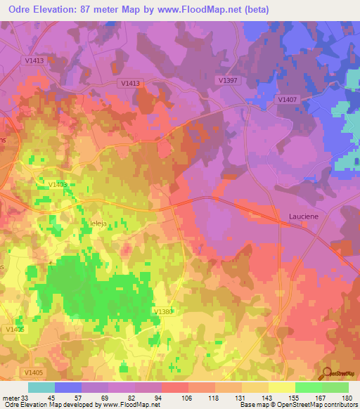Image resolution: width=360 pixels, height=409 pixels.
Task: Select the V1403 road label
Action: pos(58,185)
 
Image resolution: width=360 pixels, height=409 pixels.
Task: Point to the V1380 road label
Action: pos(162,311)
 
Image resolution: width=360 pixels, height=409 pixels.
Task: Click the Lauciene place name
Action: pos(304,217)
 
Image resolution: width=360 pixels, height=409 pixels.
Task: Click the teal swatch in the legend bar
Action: pos(41,387)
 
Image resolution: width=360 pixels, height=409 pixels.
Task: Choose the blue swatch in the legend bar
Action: pos(68,387)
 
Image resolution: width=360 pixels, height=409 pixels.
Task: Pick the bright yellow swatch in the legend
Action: pos(282,387)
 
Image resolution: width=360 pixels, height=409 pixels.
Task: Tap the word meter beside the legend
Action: pos(11,397)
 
